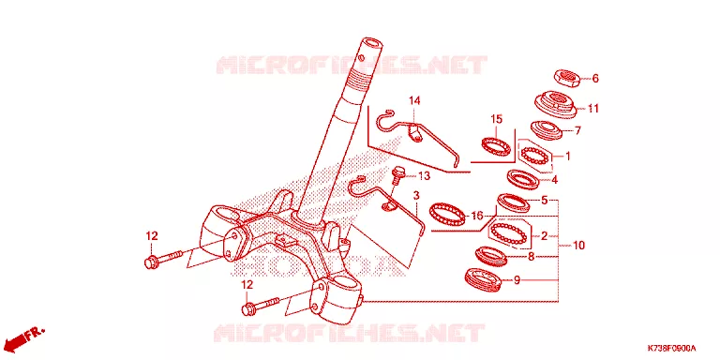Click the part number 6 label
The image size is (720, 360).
pos(595,79)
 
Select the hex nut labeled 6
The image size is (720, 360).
pos(567,79)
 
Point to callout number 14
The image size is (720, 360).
pos(414,100)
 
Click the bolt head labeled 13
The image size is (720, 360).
pos(397,172)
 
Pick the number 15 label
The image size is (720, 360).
pos(496,119)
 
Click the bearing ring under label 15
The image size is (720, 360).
pos(496,146)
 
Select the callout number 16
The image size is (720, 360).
pos(476,216)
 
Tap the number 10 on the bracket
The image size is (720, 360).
pos(579,246)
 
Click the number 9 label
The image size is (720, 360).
pos(517,279)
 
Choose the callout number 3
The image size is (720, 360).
pos(416,196)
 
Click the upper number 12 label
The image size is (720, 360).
pos(152,236)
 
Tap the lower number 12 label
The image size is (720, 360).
pos(247,285)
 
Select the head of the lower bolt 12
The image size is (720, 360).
pos(248,309)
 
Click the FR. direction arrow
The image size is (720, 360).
pos(23,337)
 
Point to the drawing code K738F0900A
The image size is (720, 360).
pos(672,348)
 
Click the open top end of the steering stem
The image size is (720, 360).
pos(371,43)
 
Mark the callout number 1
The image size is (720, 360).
pos(567,157)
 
